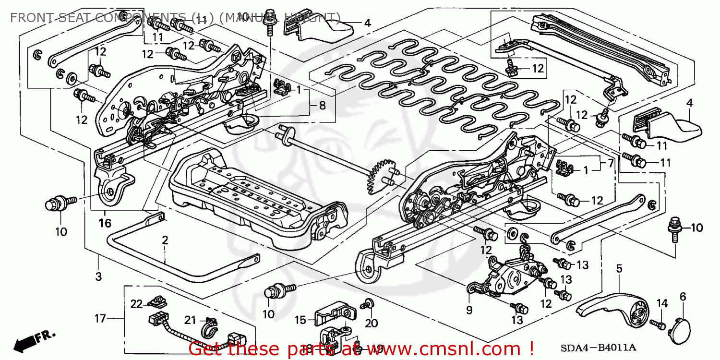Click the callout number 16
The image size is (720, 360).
[x=105, y=223]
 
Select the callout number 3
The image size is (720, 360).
[x=98, y=276]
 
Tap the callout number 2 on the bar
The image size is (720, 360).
[x=165, y=240]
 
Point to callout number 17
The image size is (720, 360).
[x=99, y=318]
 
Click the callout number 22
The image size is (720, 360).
[x=137, y=303]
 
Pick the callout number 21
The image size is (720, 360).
[x=191, y=321]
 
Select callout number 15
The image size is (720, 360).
[x=300, y=320]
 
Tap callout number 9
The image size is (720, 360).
[x=469, y=310]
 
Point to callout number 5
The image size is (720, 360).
[x=619, y=269]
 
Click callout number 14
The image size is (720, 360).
[x=662, y=303]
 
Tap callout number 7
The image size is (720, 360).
[x=610, y=163]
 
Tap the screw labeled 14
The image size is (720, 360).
[x=657, y=325]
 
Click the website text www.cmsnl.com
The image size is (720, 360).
[x=427, y=348]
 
